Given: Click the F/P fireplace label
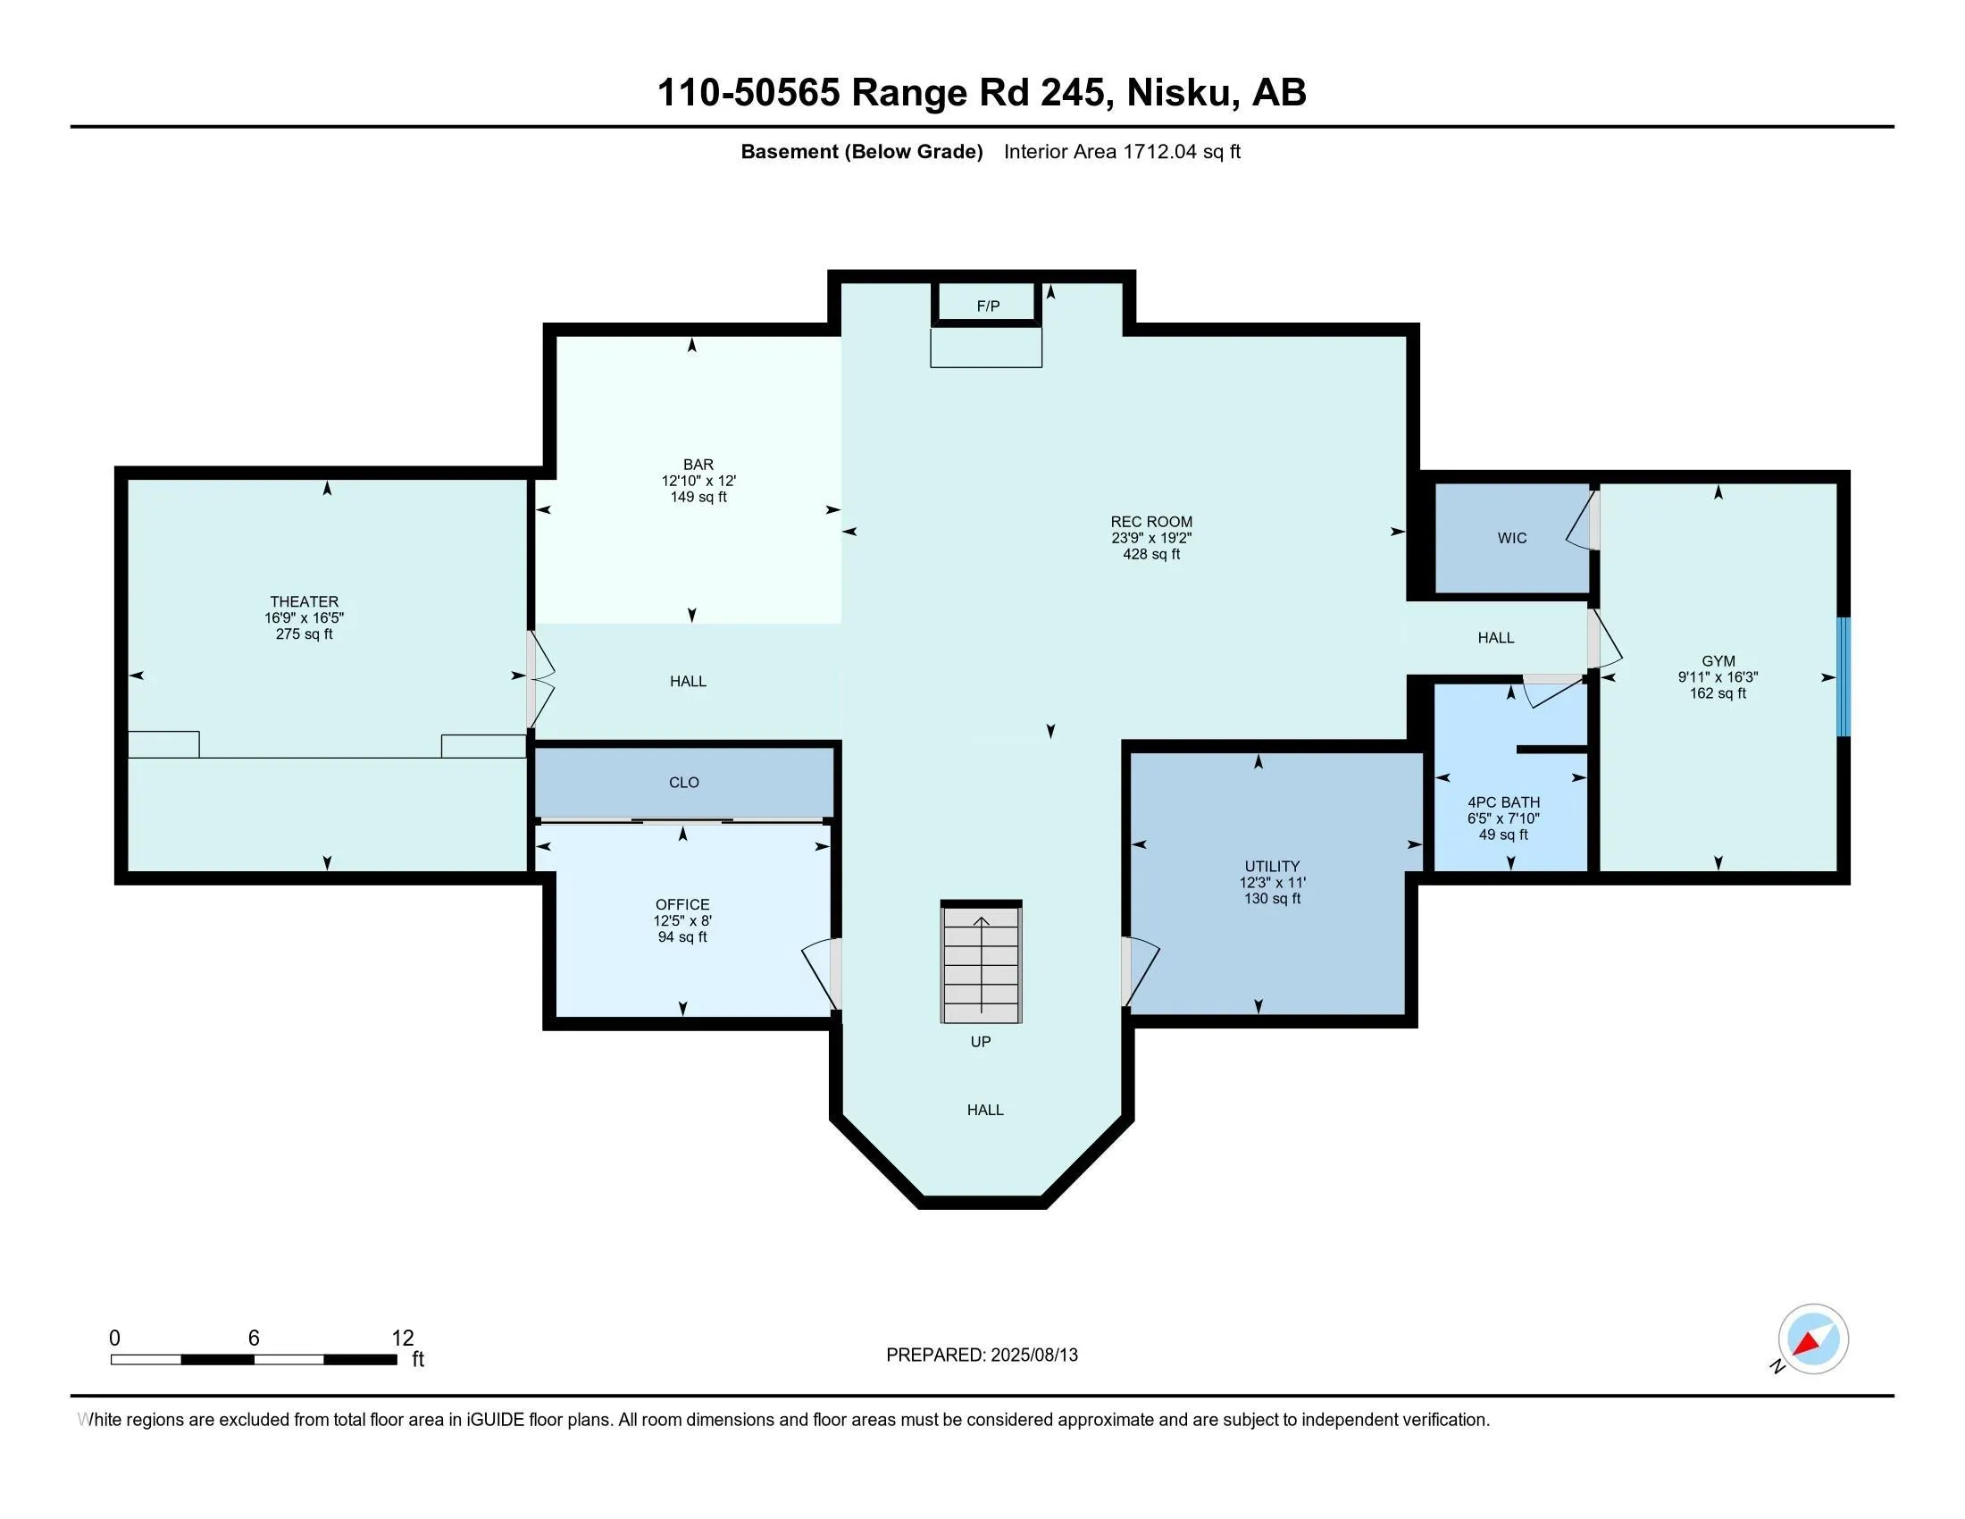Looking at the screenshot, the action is [x=988, y=306].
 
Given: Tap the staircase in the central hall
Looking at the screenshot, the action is [x=981, y=962].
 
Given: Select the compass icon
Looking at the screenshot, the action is [x=1813, y=1339].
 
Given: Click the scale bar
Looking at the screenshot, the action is [x=254, y=1360].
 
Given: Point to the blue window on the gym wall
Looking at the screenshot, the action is [x=1844, y=676].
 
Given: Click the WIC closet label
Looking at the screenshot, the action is [x=1511, y=538].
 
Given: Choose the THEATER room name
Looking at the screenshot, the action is [x=304, y=602].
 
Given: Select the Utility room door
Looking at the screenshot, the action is [x=1140, y=972].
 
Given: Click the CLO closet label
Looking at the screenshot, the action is [x=684, y=783].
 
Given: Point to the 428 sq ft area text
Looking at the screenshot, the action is [x=1150, y=554].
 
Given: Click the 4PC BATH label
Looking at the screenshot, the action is [x=1503, y=802].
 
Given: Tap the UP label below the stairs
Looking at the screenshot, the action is [x=981, y=1042].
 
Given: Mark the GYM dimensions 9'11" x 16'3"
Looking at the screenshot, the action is [x=1718, y=677].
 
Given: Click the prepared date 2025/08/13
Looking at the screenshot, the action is [x=1033, y=1355].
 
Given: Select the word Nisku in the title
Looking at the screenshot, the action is [x=1179, y=93].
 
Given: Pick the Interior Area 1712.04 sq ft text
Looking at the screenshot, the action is [x=1122, y=152].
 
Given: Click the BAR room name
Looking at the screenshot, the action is [x=698, y=466].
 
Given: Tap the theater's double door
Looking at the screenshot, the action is [x=540, y=679].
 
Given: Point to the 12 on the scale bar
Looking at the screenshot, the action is [x=403, y=1339].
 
